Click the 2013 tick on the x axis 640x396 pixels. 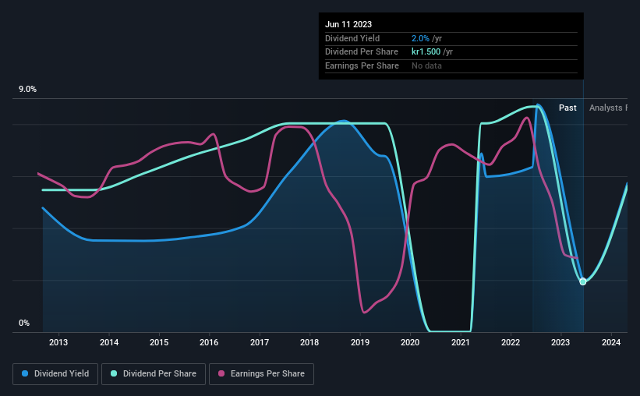click(x=58, y=342)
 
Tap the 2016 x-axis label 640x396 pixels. click(x=209, y=342)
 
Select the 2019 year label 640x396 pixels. click(x=360, y=342)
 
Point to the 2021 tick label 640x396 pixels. click(x=461, y=342)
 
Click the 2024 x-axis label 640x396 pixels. click(x=611, y=342)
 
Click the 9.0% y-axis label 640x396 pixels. click(x=28, y=90)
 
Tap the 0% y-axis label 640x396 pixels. click(x=25, y=324)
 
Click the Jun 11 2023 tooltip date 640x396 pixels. click(x=348, y=24)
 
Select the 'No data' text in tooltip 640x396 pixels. click(x=427, y=66)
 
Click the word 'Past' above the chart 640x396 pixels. click(x=568, y=108)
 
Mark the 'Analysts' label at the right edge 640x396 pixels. click(x=607, y=108)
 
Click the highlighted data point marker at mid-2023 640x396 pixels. click(x=582, y=281)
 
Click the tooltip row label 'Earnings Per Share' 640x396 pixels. click(x=362, y=66)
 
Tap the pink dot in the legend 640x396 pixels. click(x=221, y=374)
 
